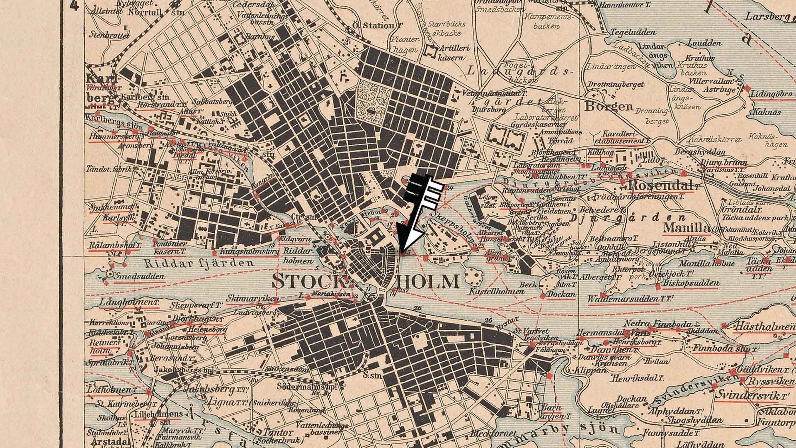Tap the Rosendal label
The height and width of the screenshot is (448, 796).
point(660,185)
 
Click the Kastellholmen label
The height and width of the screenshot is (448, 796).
point(496,291)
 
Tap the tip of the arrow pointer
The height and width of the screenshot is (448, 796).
point(401,251)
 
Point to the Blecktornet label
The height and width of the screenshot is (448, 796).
point(493,434)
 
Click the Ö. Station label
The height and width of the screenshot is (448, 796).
point(377,25)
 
